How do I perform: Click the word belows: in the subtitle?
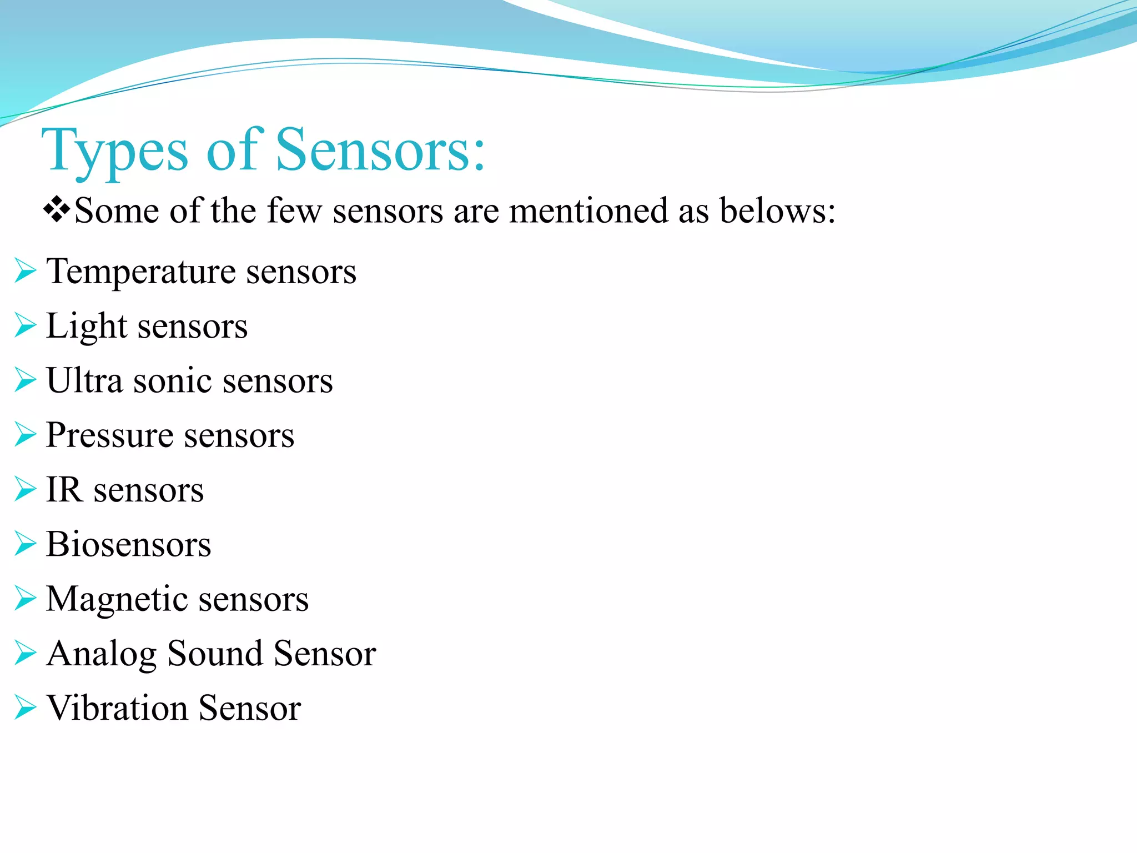[x=777, y=211]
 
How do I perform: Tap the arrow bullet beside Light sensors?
[x=25, y=325]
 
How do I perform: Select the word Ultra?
[x=84, y=381]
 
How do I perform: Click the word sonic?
[x=173, y=381]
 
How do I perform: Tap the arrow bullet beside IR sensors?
[x=25, y=489]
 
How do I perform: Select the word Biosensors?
[x=128, y=544]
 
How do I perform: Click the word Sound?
[x=214, y=653]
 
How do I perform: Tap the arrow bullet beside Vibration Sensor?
[x=25, y=708]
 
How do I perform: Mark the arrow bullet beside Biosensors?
[x=25, y=544]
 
